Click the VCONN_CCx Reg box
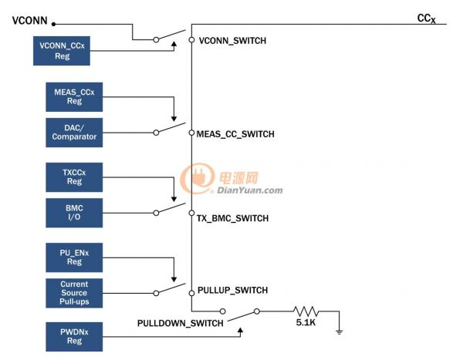pyautogui.click(x=62, y=51)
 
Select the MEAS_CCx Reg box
pyautogui.click(x=74, y=97)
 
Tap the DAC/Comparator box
pyautogui.click(x=74, y=133)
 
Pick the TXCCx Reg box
pyautogui.click(x=74, y=177)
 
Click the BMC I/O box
pyautogui.click(x=74, y=213)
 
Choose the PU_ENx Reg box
pyautogui.click(x=74, y=257)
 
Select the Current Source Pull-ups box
pyautogui.click(x=74, y=293)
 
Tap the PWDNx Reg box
pyautogui.click(x=74, y=337)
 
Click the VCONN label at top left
pyautogui.click(x=29, y=21)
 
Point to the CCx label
pyautogui.click(x=427, y=19)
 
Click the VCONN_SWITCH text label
pyautogui.click(x=232, y=41)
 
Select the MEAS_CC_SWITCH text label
pyautogui.click(x=235, y=134)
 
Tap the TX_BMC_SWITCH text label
pyautogui.click(x=233, y=218)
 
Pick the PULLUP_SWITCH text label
pyautogui.click(x=233, y=290)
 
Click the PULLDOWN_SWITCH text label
pyautogui.click(x=180, y=324)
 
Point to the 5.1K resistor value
pyautogui.click(x=306, y=322)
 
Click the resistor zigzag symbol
pyautogui.click(x=306, y=311)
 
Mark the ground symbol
pyautogui.click(x=340, y=331)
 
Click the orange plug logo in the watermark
pyautogui.click(x=198, y=178)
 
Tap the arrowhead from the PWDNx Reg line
pyautogui.click(x=241, y=331)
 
